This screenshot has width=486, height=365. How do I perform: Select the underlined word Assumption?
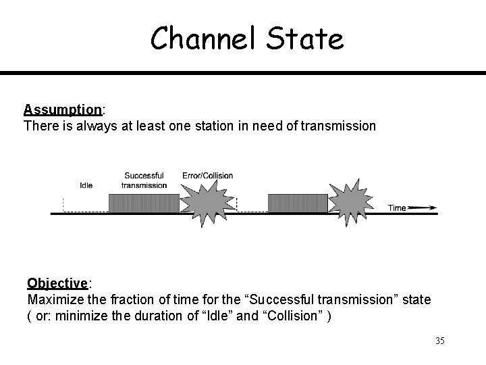pyautogui.click(x=62, y=109)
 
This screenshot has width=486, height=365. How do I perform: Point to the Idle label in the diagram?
pyautogui.click(x=86, y=185)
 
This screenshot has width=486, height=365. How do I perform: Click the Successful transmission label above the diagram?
pyautogui.click(x=144, y=180)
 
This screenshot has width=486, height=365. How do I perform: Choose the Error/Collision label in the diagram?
pyautogui.click(x=208, y=176)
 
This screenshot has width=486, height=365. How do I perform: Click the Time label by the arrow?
pyautogui.click(x=397, y=208)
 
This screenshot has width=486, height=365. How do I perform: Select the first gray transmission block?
pyautogui.click(x=143, y=203)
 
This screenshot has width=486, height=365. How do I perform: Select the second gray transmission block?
pyautogui.click(x=298, y=203)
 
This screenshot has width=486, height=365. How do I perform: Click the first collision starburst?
pyautogui.click(x=208, y=203)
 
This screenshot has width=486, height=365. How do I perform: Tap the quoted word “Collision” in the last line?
pyautogui.click(x=291, y=316)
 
